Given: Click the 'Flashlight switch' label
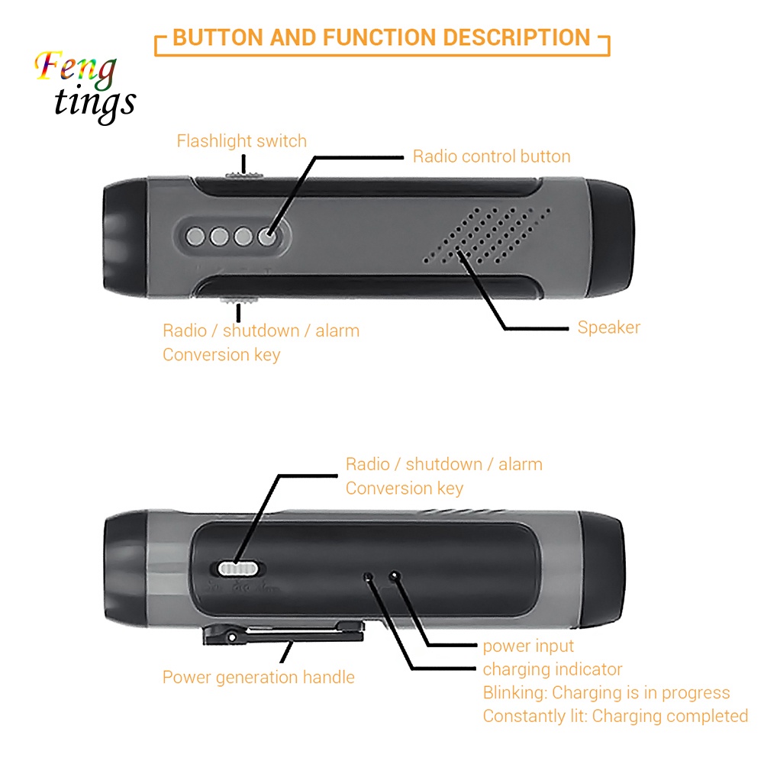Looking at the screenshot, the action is click(241, 141).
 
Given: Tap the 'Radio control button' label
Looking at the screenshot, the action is click(492, 156).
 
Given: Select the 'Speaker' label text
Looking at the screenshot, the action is click(608, 327).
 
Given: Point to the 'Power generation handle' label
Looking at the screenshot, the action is click(258, 677).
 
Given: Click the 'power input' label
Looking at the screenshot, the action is click(528, 646).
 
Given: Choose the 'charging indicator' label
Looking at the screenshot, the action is click(553, 670).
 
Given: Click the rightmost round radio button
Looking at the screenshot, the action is click(267, 237).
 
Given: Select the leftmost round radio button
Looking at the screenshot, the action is click(195, 237).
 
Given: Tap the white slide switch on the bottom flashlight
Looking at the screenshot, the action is click(240, 569).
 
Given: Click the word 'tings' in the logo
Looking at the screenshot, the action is click(95, 102).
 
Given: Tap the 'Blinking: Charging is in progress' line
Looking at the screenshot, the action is click(606, 693).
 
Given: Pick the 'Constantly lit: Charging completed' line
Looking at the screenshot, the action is click(615, 716).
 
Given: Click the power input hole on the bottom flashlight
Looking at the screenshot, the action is click(395, 575).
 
